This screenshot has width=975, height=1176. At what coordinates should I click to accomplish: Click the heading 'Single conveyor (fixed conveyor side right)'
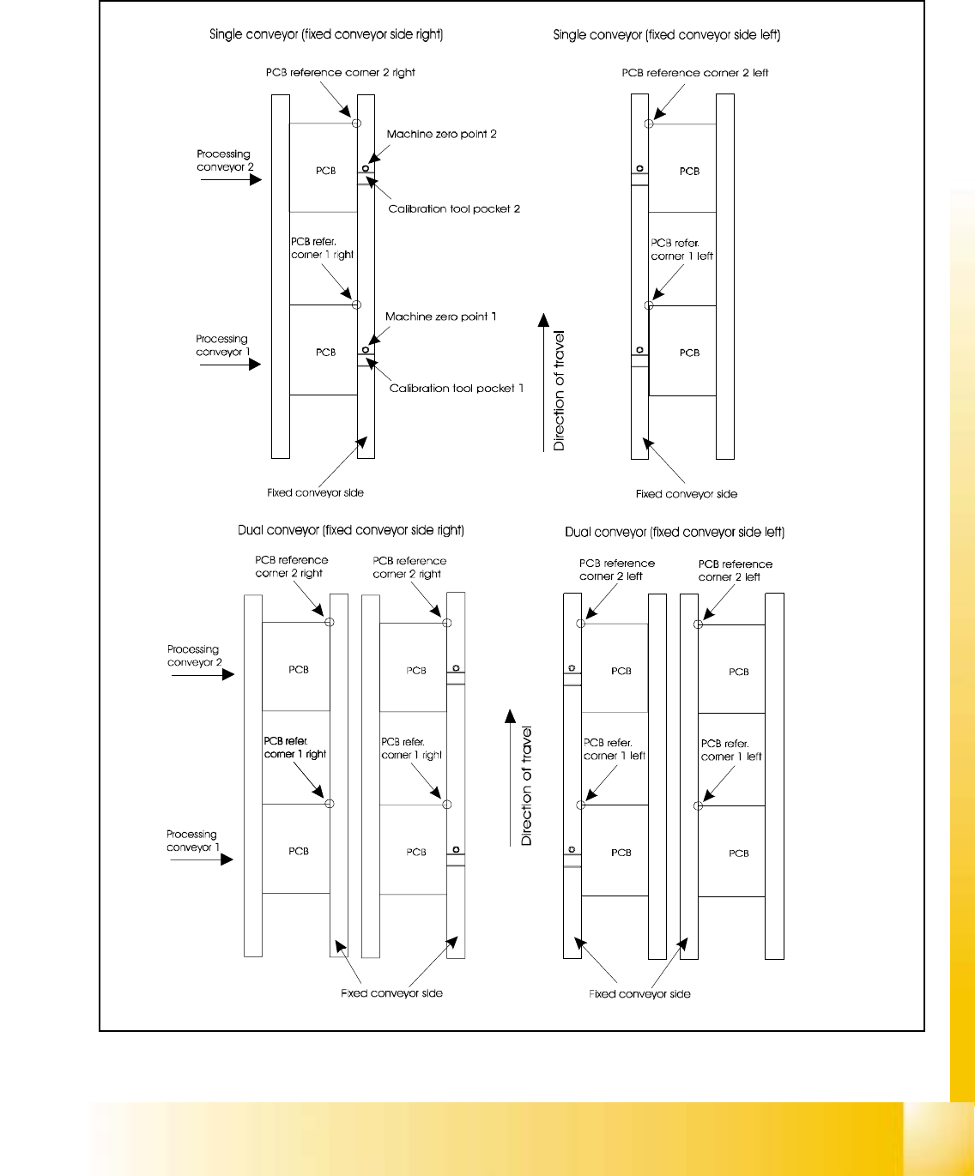click(x=326, y=35)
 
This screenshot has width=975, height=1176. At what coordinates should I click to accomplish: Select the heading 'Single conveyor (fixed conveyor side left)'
click(x=667, y=35)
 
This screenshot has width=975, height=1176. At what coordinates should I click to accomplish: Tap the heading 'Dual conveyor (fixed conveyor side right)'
click(x=351, y=531)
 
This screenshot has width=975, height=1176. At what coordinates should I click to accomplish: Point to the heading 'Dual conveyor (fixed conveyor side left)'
click(x=675, y=533)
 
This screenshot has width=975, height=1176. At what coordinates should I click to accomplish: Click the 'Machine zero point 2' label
click(x=441, y=135)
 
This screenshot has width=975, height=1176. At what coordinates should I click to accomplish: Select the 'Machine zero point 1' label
click(x=440, y=317)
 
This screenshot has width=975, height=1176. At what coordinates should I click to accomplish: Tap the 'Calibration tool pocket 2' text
click(x=454, y=209)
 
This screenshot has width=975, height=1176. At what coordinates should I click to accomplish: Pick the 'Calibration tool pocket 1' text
click(x=457, y=389)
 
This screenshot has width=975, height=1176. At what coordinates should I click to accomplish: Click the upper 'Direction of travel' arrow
click(x=543, y=382)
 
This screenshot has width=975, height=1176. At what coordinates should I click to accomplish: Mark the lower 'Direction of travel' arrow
click(x=510, y=777)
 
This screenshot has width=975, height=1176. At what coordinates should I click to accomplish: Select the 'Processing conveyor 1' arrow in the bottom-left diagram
click(x=202, y=859)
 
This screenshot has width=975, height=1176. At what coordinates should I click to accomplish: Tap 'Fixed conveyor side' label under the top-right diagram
click(x=686, y=494)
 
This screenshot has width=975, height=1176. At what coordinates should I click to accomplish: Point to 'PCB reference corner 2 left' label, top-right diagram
click(x=695, y=74)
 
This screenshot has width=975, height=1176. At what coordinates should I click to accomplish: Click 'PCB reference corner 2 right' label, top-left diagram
click(x=340, y=73)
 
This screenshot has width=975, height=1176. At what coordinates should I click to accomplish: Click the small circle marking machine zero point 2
click(x=366, y=169)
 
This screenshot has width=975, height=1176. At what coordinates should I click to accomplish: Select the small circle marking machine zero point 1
click(x=366, y=350)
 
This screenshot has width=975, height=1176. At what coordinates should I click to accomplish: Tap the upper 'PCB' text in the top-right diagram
click(x=689, y=172)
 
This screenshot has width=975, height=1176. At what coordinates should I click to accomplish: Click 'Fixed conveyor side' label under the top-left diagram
click(x=315, y=493)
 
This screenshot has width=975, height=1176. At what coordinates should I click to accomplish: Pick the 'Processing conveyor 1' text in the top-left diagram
click(x=222, y=346)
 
